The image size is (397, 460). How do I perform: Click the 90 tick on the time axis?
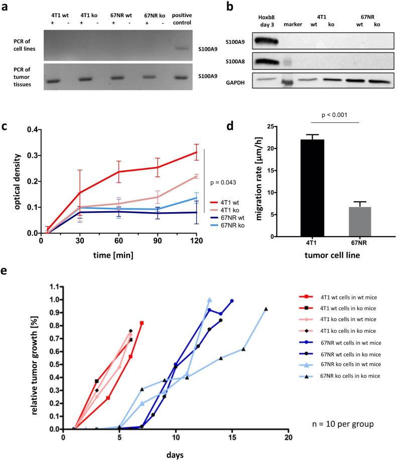tap(158, 241)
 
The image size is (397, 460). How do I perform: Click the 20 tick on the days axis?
tap(288, 437)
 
